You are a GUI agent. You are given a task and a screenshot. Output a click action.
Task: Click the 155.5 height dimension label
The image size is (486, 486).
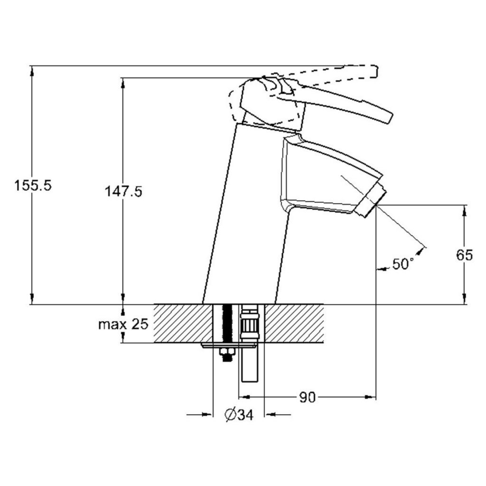tap(33, 186)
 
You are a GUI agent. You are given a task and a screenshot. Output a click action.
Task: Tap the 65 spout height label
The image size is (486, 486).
tap(464, 255)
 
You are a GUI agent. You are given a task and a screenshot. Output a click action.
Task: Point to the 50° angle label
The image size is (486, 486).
tap(403, 264)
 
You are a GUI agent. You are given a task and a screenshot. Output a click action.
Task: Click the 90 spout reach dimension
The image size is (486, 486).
tap(307, 397)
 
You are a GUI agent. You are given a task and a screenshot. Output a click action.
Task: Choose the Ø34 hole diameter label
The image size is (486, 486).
tap(239, 415)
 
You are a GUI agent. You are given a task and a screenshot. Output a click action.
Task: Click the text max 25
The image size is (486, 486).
tap(123, 325)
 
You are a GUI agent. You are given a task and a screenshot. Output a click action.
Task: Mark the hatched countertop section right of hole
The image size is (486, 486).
tap(294, 324)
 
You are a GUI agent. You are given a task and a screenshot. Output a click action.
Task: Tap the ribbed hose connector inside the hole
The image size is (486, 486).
tap(250, 323)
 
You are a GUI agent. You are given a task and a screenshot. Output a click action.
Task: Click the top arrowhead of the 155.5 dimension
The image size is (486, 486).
tap(32, 71)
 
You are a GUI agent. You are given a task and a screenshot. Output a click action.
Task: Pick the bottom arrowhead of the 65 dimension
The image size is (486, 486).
tap(464, 299)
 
